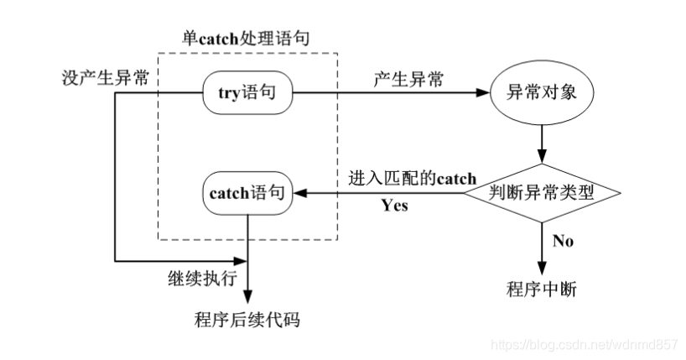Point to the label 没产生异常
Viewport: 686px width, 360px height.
[x=107, y=78]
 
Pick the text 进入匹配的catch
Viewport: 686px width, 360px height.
[x=411, y=178]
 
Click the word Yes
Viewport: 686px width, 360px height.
[x=394, y=206]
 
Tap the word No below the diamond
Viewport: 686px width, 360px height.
[x=564, y=242]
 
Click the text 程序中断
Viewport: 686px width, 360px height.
[x=542, y=290]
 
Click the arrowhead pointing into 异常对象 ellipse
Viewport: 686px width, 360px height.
[x=486, y=93]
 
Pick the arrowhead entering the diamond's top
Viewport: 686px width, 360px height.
[x=542, y=157]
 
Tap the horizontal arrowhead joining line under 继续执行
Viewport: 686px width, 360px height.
[x=242, y=261]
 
